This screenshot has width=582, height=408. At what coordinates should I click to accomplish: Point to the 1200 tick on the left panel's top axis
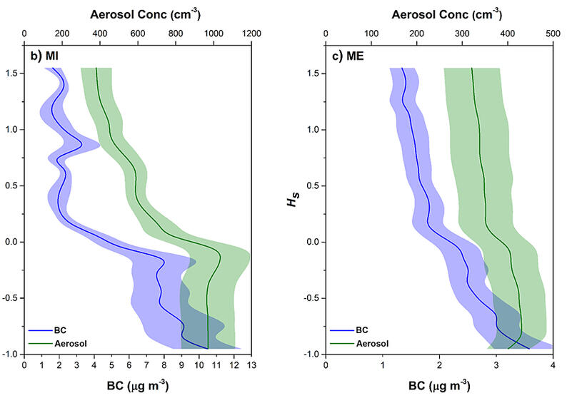coord(251,32)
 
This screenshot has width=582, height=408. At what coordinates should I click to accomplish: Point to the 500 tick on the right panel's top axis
coord(553,32)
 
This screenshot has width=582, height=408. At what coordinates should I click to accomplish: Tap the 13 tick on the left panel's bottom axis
coord(251,364)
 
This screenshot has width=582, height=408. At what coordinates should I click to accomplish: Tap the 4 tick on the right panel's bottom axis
coord(553,364)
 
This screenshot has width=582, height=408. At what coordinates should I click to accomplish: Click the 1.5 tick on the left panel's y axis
coord(12,73)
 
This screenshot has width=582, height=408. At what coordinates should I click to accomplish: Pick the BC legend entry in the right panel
coord(350,330)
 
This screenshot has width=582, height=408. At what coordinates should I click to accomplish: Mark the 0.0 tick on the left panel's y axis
coord(12,242)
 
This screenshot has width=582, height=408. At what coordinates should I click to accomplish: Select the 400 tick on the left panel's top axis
coord(99,32)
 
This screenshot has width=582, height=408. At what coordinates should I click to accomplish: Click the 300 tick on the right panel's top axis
coord(462,32)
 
